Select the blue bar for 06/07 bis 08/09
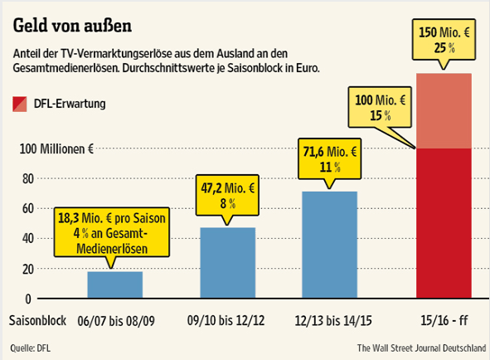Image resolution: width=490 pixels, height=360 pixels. [x=114, y=285]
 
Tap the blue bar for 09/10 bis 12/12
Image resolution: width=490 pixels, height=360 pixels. [x=228, y=263]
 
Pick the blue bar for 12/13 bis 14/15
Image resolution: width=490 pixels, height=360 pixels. [x=329, y=246]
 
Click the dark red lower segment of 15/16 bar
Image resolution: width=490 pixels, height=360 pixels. [x=443, y=224]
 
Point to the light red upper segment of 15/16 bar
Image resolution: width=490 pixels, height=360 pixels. [x=443, y=111]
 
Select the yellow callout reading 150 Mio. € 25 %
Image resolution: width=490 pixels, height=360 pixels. [x=444, y=38]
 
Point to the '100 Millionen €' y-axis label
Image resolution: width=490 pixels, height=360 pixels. [x=51, y=149]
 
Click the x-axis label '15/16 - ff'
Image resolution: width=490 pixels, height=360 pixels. [x=444, y=320]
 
